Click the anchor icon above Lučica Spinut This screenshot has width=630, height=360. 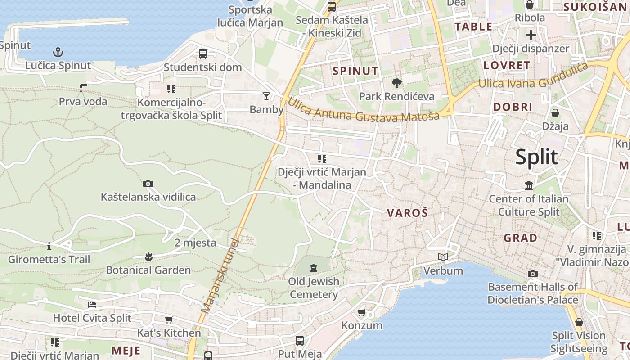point(58,52)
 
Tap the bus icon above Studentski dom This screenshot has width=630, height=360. point(203,54)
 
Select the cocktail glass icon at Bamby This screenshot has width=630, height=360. point(266,96)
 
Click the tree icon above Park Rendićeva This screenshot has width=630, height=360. point(396,83)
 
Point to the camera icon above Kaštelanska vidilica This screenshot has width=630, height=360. point(148,184)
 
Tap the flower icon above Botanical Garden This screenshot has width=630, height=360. point(148,257)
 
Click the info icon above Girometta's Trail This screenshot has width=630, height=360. point(49,246)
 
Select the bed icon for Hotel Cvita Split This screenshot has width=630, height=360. point(92,305)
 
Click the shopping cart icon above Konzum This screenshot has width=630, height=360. point(361,312)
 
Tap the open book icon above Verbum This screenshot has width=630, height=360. point(443,257)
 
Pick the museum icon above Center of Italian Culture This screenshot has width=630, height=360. point(528,185)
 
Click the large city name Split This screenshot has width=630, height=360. point(536,157)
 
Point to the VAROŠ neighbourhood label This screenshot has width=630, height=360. point(407,213)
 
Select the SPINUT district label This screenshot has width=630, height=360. point(355,71)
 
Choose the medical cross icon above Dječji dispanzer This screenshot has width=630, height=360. point(531,35)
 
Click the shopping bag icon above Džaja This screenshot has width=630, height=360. point(555,112)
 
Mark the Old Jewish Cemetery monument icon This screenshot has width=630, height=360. point(313,268)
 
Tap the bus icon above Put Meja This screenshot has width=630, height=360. point(300,341)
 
